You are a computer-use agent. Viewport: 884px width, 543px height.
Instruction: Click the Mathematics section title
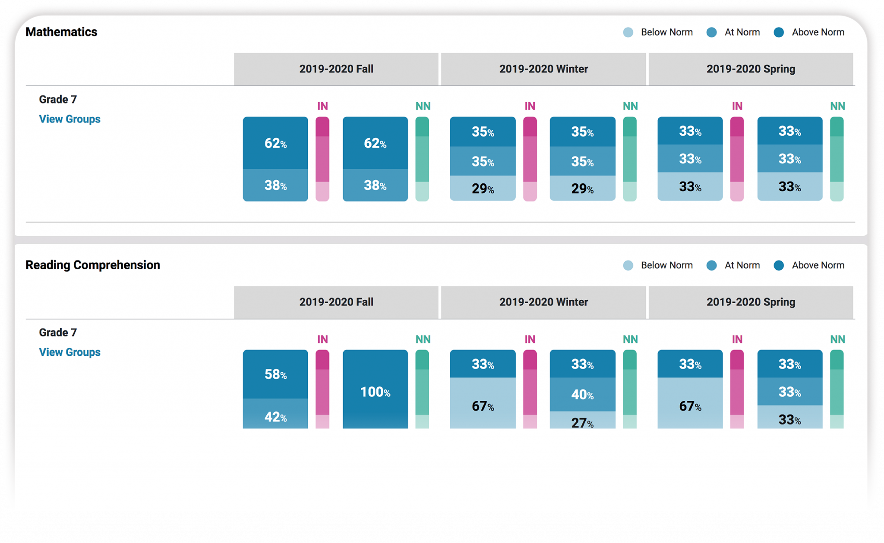pos(61,32)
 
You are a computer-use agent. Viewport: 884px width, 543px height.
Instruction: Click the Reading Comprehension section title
pos(92,265)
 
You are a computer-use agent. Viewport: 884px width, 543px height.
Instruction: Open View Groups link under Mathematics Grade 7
pos(69,119)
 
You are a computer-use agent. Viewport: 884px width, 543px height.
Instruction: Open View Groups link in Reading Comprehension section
pos(69,352)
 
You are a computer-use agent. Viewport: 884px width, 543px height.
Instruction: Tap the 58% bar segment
pos(275,374)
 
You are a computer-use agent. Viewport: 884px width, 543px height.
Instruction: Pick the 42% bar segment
pos(275,415)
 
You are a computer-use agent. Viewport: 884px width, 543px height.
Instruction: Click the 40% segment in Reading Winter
pos(582,394)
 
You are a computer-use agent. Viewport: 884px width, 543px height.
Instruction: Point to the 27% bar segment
pos(582,421)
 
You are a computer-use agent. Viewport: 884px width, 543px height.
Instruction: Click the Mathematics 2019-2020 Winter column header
pos(543,69)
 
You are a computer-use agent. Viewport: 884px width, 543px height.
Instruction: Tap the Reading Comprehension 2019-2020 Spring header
pos(751,302)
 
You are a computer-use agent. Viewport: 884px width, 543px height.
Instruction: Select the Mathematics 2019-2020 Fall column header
pos(336,69)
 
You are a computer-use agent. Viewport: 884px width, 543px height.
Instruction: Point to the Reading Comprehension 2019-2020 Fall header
pos(336,302)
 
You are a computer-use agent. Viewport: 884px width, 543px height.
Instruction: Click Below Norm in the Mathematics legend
pos(666,32)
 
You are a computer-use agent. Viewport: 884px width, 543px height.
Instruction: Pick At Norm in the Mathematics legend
pos(742,32)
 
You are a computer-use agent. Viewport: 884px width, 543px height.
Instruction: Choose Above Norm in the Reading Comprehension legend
pos(818,265)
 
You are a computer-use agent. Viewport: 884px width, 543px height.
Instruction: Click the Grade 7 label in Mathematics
pos(58,100)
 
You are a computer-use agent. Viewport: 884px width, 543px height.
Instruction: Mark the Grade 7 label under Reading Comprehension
pos(58,333)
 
